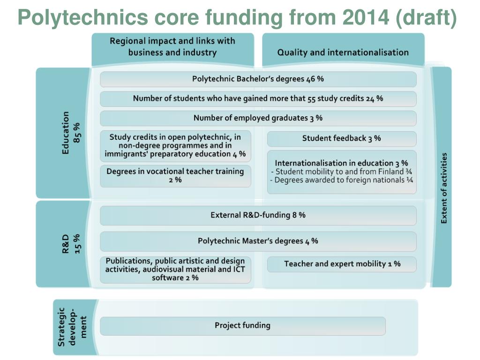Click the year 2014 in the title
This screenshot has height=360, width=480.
tap(366, 17)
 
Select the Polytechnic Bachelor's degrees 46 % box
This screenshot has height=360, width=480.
tap(258, 79)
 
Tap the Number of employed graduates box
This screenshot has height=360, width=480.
tap(258, 118)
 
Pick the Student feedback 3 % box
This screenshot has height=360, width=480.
tap(342, 139)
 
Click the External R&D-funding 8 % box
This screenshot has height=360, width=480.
tap(258, 216)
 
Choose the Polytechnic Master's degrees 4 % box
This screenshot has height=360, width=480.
tap(258, 241)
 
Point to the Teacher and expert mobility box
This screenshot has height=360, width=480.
tap(342, 264)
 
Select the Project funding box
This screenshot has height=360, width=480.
tap(242, 326)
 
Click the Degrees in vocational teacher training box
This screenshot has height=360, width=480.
tap(175, 176)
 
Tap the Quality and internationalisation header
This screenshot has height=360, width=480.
tap(343, 50)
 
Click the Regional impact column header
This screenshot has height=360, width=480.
tap(172, 50)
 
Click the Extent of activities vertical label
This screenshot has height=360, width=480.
tap(443, 188)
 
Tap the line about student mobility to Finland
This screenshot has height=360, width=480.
tap(341, 172)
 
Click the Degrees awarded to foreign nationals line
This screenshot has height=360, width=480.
tap(341, 180)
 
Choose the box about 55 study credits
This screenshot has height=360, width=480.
tap(258, 99)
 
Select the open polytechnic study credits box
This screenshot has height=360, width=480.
tap(175, 146)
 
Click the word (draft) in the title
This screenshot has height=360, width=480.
tap(426, 18)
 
